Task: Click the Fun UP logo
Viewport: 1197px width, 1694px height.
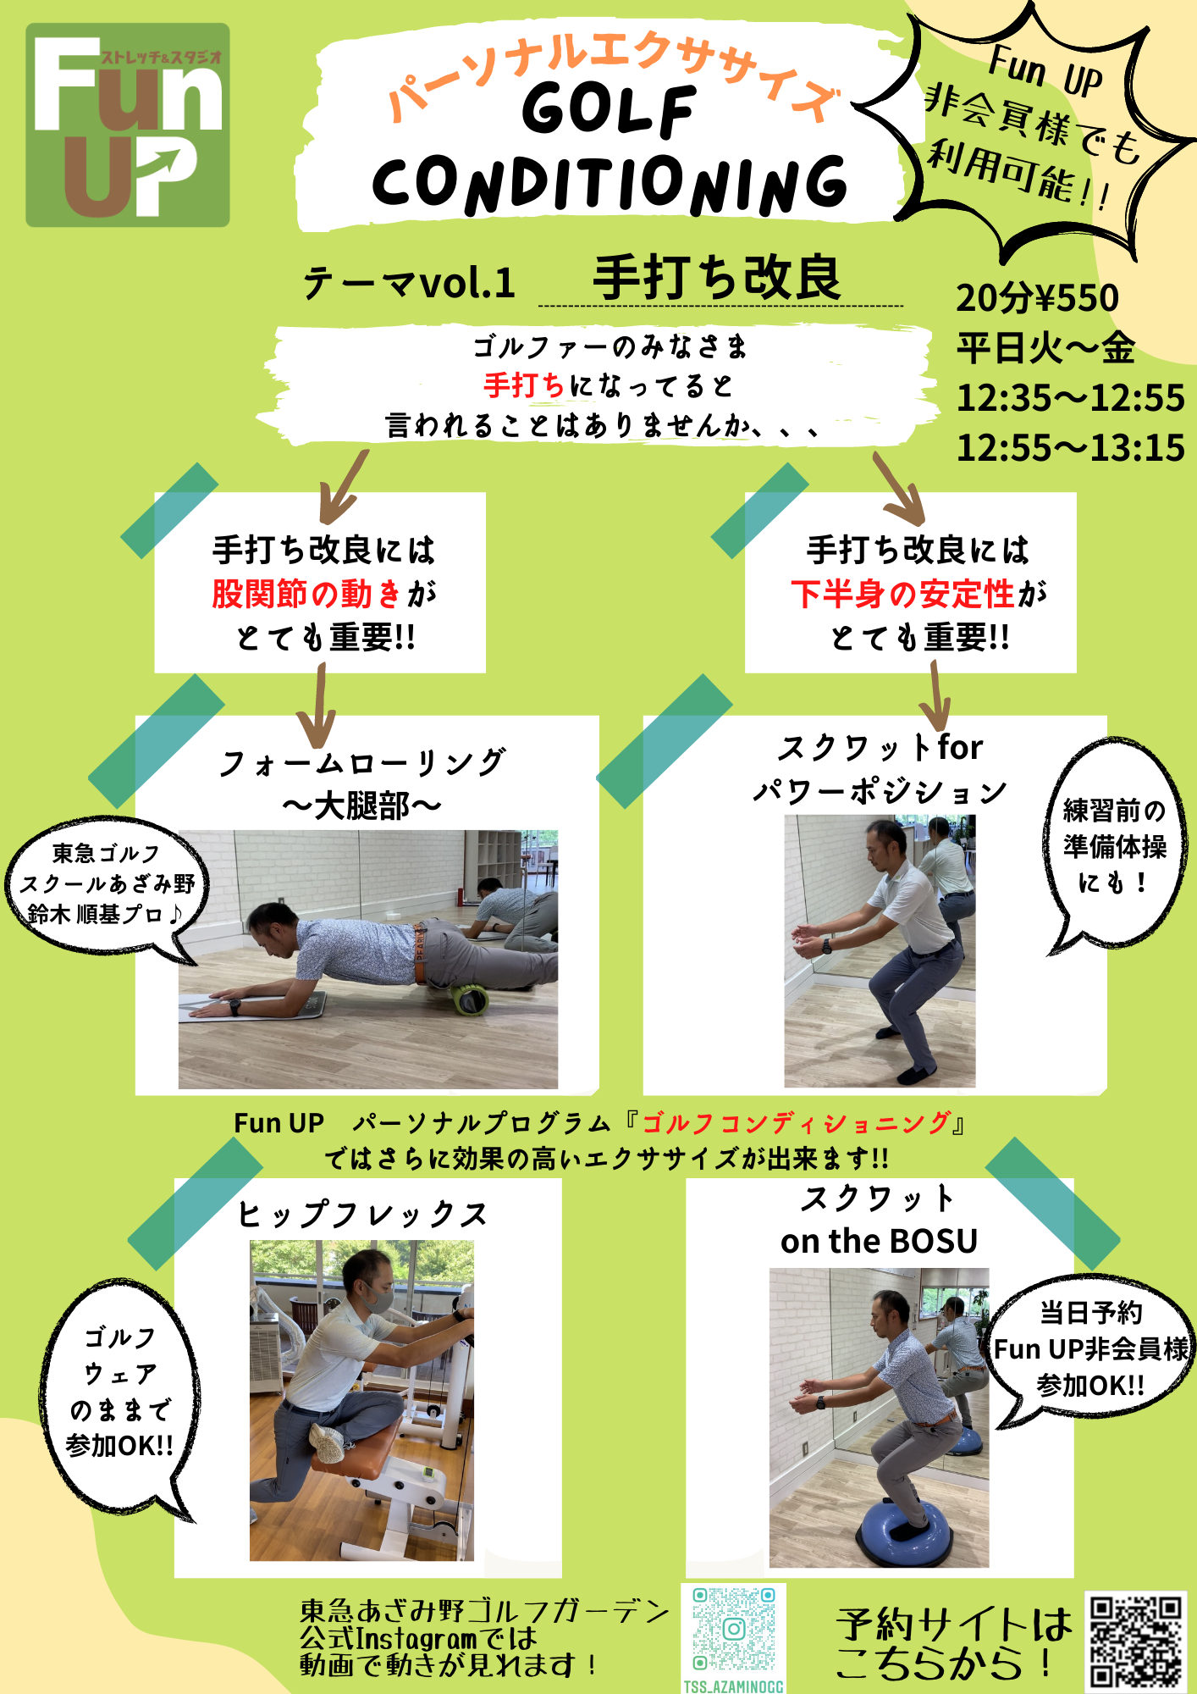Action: point(128,125)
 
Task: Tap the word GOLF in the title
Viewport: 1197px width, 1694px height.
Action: point(609,110)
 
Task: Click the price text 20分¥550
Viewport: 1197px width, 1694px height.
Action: point(1037,298)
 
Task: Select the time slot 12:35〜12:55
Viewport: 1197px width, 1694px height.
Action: point(1070,398)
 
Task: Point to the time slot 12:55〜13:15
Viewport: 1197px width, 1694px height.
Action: point(1070,448)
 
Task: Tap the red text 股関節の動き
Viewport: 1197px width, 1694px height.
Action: point(306,594)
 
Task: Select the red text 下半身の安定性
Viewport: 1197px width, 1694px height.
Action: point(902,594)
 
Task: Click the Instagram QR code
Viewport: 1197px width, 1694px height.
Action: point(734,1629)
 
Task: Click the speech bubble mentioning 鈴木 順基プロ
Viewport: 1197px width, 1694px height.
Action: point(104,886)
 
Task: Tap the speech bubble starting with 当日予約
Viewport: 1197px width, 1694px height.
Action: point(1090,1350)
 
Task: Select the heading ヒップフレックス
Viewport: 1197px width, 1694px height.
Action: point(363,1214)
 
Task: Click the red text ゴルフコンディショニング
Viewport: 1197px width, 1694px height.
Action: point(797,1123)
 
